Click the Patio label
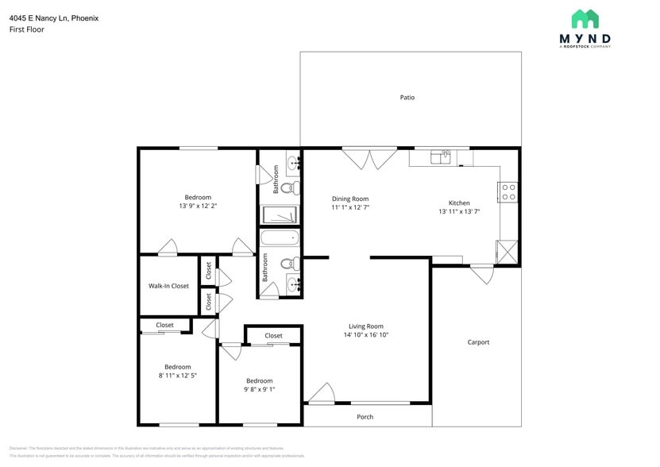[407, 98]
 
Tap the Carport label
[478, 342]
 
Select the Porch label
[365, 417]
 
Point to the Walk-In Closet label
[168, 286]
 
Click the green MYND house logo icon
[585, 19]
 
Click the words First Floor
[27, 29]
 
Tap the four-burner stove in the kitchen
[508, 191]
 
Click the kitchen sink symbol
[440, 156]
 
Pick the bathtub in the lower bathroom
[280, 237]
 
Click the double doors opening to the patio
[369, 158]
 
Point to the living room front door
[321, 394]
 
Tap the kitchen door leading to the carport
[481, 274]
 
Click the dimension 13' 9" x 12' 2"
[198, 206]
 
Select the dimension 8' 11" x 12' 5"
[177, 376]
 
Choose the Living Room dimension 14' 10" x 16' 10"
[366, 335]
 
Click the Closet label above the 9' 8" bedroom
[273, 336]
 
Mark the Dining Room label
[350, 199]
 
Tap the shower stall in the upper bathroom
[281, 215]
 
